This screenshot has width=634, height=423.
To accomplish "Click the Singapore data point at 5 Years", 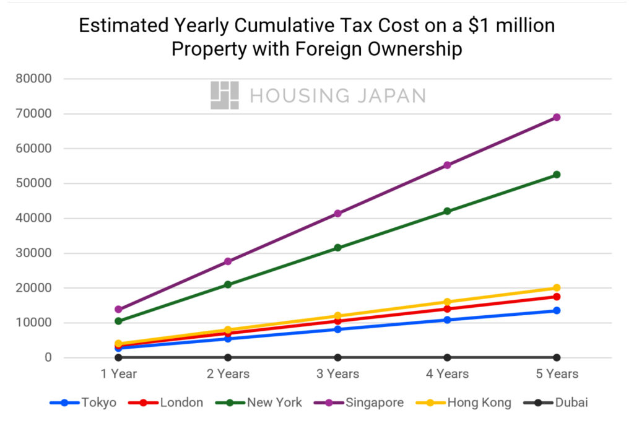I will point(557,117).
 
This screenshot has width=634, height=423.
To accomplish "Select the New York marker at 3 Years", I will point(337,248).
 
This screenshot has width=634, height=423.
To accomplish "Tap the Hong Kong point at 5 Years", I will point(557,288).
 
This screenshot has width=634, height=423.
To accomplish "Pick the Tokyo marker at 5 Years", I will point(557,310).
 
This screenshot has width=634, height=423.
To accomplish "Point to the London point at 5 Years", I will point(557,297).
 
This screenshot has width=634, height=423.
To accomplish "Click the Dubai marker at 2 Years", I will point(228,357).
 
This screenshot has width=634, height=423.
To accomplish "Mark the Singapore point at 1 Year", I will point(118,309).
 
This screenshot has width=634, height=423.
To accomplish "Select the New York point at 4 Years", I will point(447,211).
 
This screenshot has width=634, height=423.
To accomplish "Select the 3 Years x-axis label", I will point(337,374).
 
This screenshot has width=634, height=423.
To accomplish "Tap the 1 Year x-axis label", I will point(118,374).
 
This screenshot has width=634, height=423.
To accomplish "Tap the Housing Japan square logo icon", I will point(224,95).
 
